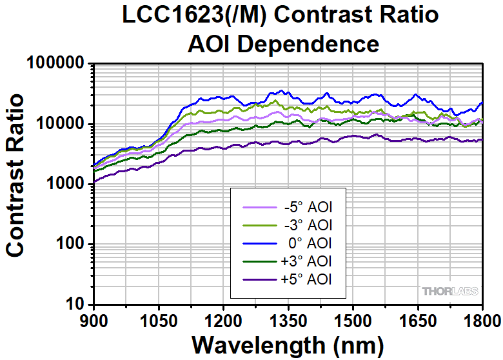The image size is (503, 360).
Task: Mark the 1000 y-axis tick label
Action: (66, 184)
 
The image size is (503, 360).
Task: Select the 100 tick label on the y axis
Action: (72, 244)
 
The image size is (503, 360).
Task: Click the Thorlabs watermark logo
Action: (450, 292)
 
